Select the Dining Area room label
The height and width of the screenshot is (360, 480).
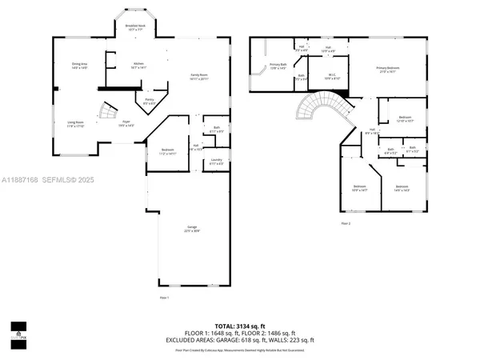[x=79, y=66]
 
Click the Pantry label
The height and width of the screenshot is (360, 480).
[x=149, y=102]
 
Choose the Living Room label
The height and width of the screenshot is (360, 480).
[x=76, y=124]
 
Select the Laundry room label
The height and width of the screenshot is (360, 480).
[x=216, y=162]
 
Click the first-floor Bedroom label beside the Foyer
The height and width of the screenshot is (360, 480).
[x=167, y=151]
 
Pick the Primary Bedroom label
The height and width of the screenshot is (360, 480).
[x=388, y=70]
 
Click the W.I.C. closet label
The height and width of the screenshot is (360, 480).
[x=332, y=77]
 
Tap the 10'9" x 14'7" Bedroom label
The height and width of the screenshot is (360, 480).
[x=358, y=189]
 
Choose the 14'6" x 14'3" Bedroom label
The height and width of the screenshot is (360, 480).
[x=402, y=189]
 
